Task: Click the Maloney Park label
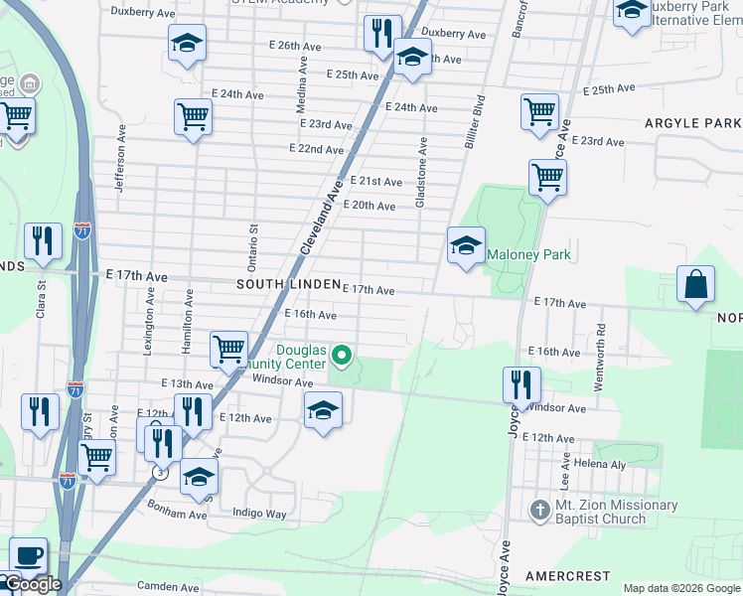tap(528, 255)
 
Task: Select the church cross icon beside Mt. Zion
tap(539, 511)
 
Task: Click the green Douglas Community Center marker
tap(343, 355)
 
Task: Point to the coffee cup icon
tap(28, 554)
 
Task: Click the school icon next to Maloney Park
tap(465, 245)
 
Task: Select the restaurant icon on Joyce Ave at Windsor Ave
tap(521, 382)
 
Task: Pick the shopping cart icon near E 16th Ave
tap(228, 348)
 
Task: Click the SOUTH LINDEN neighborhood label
tap(274, 284)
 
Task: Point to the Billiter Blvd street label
tap(473, 121)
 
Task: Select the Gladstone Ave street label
tap(421, 180)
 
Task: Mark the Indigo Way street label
tap(258, 514)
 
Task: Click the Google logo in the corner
tap(34, 584)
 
